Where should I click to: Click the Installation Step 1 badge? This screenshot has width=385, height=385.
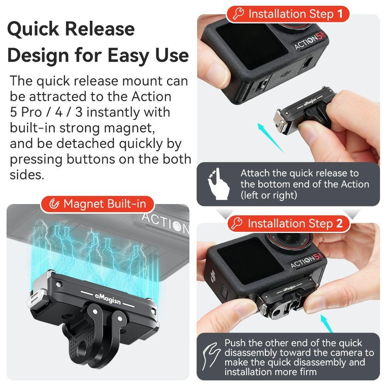288,14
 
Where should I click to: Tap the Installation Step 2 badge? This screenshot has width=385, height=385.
288,224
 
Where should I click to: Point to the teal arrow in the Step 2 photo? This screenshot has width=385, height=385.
326,323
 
